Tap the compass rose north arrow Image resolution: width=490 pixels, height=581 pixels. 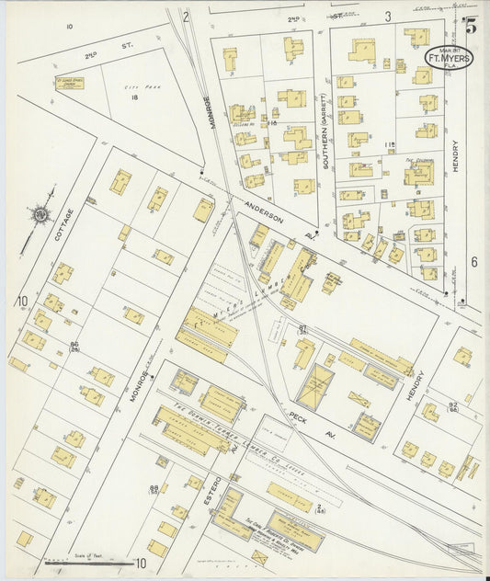point(40,216)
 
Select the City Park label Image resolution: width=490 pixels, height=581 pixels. point(136,86)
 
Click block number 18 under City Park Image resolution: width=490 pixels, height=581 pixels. point(134,97)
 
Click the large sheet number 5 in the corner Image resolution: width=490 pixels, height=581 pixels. point(470,26)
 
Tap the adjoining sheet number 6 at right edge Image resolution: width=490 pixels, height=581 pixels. point(474,262)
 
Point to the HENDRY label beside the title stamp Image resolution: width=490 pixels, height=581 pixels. point(454,157)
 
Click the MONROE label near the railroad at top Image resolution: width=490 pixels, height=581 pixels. point(209,113)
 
